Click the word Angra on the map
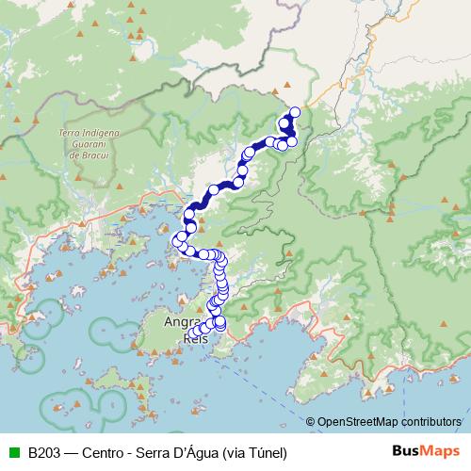click(x=183, y=321)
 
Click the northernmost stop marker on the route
click(x=295, y=112)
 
